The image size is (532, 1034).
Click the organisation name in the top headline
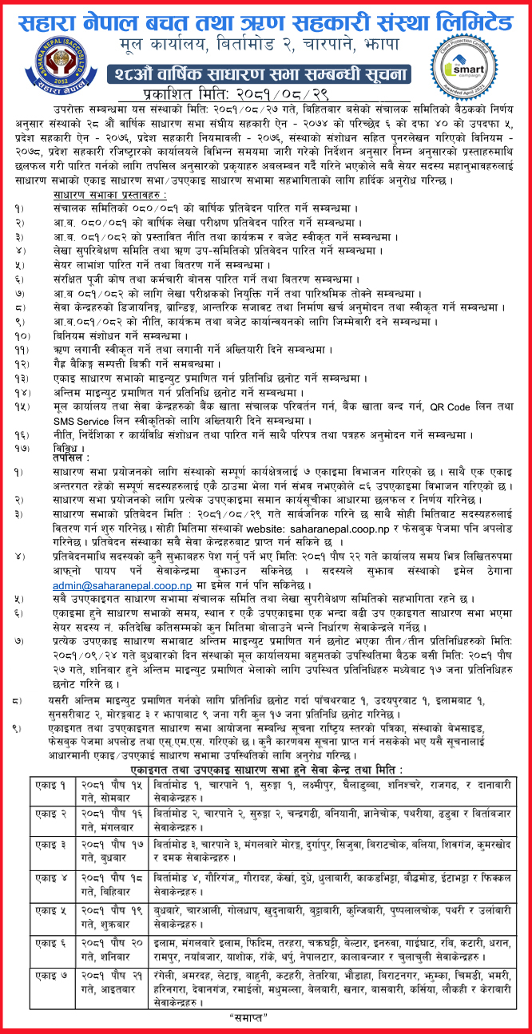[x=266, y=18]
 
